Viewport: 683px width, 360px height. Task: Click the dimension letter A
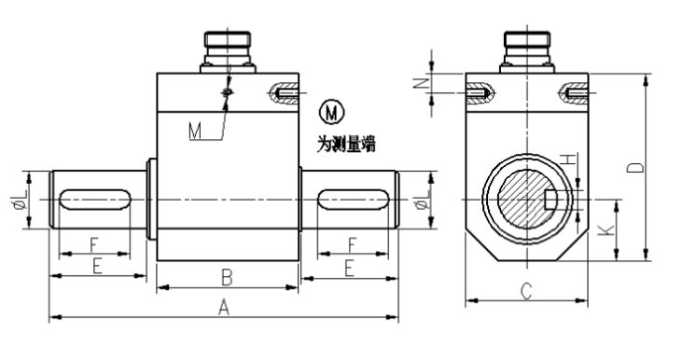click(x=224, y=307)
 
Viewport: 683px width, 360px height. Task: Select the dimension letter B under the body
click(x=226, y=276)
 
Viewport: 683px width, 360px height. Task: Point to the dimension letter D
click(x=635, y=169)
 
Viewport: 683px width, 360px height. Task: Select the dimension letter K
click(x=608, y=229)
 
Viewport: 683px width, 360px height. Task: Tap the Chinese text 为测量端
click(x=345, y=145)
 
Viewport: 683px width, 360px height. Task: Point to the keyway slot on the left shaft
click(x=94, y=200)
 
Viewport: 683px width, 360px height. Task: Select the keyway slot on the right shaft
click(x=354, y=200)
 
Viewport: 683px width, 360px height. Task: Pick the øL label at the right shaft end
click(x=426, y=200)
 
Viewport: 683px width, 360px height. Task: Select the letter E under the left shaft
click(x=96, y=267)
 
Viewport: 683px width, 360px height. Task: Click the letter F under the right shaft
click(x=352, y=244)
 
